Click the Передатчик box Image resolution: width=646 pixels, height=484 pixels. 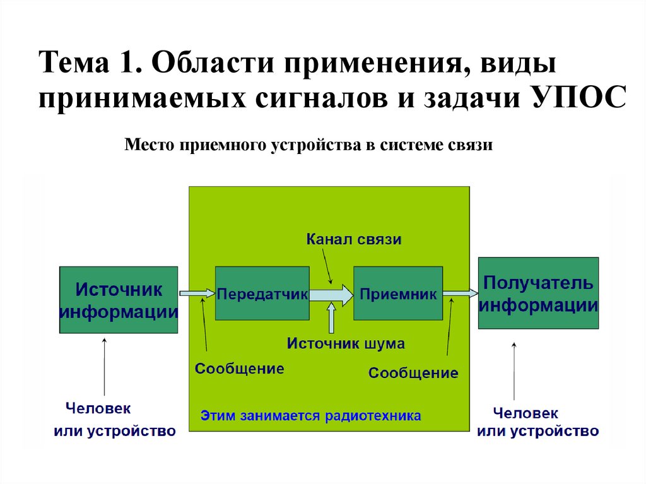tap(262, 293)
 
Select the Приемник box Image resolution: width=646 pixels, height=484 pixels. tap(397, 293)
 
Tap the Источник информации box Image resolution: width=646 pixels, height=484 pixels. tap(119, 300)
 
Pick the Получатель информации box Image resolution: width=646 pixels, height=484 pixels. tap(538, 293)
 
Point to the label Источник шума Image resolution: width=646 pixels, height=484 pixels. tap(346, 344)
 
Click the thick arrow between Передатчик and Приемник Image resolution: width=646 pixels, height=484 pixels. tap(331, 294)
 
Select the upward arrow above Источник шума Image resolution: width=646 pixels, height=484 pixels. tap(332, 318)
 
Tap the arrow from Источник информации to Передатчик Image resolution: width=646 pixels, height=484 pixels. tap(197, 293)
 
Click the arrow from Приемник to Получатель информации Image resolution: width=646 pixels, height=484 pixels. tap(460, 293)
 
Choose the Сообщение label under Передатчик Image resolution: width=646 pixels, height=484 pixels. tap(239, 368)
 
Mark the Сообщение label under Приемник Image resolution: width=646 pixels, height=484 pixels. tap(413, 373)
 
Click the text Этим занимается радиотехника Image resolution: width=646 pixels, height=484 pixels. tap(310, 416)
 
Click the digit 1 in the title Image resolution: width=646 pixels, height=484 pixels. tap(122, 65)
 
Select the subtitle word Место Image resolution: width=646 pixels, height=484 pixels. tap(149, 145)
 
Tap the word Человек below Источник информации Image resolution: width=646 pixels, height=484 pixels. tap(98, 408)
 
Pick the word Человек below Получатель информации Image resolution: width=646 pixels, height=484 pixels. tap(526, 413)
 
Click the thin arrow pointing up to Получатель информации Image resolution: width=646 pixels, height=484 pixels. tap(514, 372)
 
